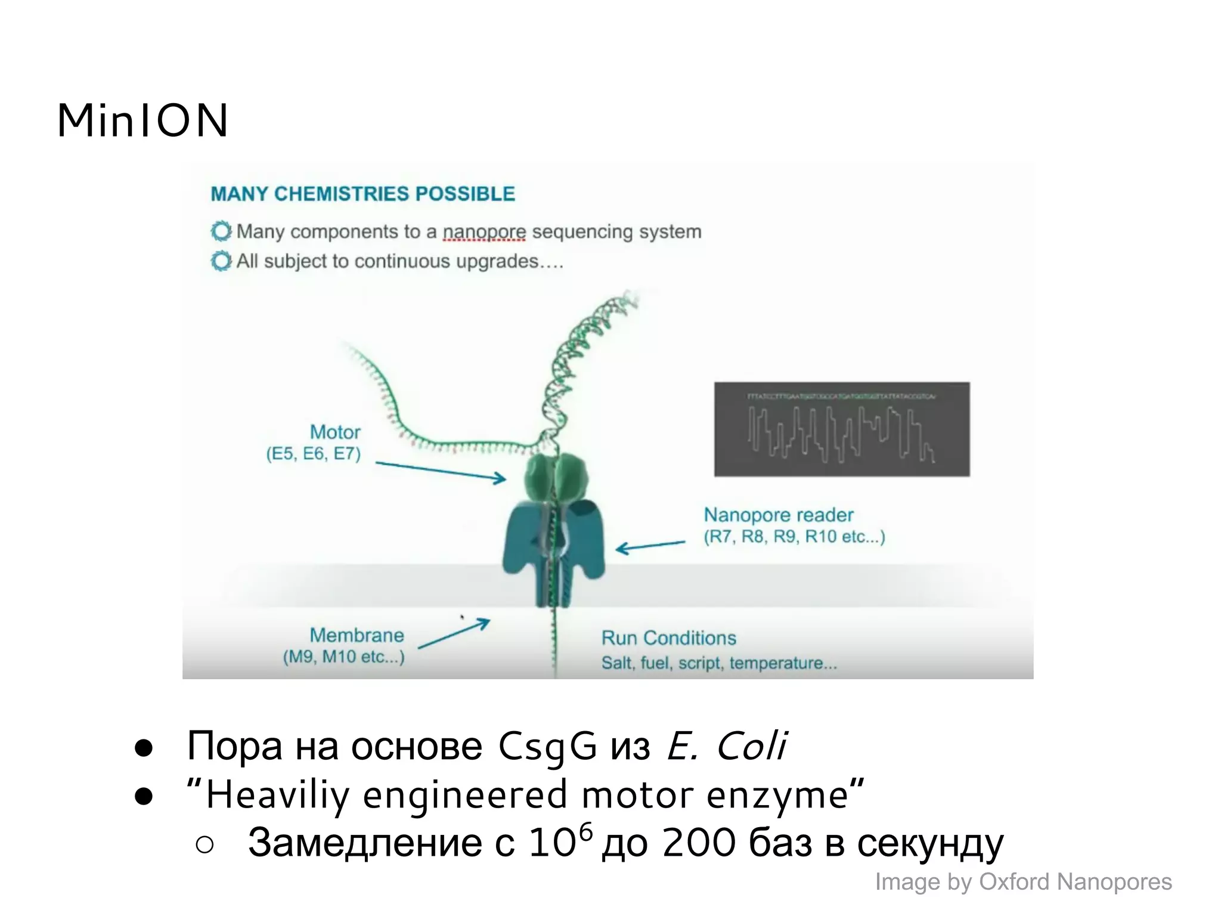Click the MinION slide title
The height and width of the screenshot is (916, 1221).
point(142,120)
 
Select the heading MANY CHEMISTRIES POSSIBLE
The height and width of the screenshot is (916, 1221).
point(362,194)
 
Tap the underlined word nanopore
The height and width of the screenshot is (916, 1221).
point(484,231)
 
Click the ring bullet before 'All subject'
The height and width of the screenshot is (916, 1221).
point(221,261)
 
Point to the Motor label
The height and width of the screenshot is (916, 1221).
point(335,432)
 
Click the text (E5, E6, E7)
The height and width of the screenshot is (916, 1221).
point(314,454)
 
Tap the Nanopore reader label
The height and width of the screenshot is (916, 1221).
point(778,515)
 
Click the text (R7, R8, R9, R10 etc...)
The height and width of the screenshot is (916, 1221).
point(794,537)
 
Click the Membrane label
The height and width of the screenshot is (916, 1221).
point(357,635)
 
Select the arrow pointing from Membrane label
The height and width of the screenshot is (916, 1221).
point(454,633)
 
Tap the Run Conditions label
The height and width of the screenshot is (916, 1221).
point(668,638)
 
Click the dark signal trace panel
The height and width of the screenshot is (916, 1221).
point(842,429)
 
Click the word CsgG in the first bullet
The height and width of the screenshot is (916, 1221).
point(547,747)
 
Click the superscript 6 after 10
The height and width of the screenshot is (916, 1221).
point(586,831)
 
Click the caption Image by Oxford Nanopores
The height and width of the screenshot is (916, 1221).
point(1023,881)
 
